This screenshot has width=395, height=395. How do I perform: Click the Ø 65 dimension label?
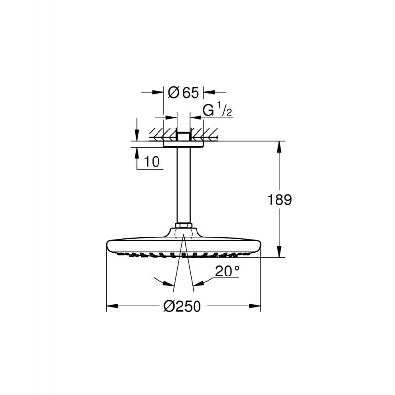[183, 92]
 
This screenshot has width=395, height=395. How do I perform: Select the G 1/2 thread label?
[218, 111]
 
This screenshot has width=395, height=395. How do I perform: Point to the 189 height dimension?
[280, 199]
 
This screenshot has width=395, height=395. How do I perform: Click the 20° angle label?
[227, 271]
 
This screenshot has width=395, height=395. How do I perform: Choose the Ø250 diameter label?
[182, 307]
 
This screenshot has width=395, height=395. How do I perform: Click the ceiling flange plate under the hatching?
[183, 144]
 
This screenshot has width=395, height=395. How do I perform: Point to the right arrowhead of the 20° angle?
[197, 284]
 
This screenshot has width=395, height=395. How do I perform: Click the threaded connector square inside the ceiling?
[183, 136]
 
